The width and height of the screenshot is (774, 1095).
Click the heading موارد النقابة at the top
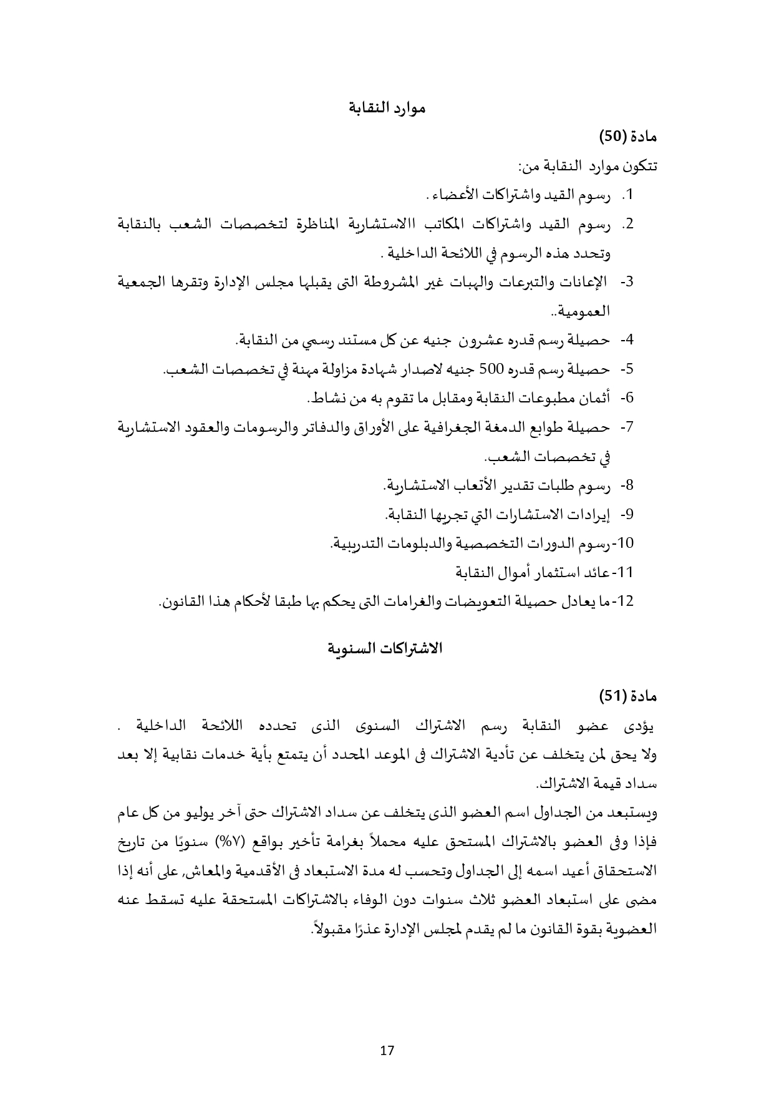[x=387, y=108]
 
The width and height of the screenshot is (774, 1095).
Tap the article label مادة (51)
[x=628, y=695]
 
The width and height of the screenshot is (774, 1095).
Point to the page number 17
[x=387, y=1050]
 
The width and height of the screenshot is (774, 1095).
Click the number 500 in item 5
[x=490, y=369]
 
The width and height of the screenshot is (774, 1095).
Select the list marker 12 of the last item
[x=624, y=601]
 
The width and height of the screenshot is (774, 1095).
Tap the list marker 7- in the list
[x=627, y=427]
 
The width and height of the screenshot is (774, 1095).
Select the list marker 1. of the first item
[x=627, y=195]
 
